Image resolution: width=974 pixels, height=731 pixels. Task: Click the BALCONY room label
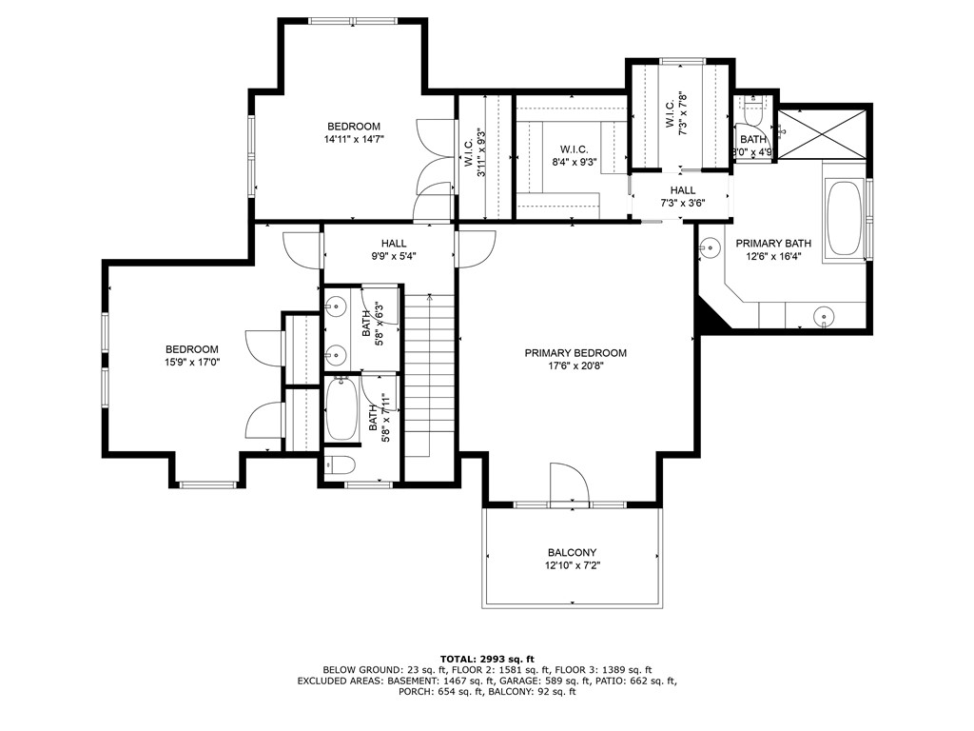pyautogui.click(x=572, y=553)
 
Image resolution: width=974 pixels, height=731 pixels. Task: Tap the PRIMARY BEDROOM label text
pyautogui.click(x=575, y=353)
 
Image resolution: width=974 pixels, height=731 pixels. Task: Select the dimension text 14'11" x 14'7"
pyautogui.click(x=354, y=139)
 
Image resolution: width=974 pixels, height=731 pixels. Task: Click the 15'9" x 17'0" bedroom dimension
pyautogui.click(x=192, y=362)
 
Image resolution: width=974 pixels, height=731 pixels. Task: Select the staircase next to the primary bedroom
pyautogui.click(x=431, y=371)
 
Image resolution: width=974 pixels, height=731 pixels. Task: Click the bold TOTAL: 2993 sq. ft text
pyautogui.click(x=487, y=659)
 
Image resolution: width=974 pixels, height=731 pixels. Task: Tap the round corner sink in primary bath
pyautogui.click(x=708, y=249)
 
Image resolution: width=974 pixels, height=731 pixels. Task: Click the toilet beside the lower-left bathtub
pyautogui.click(x=340, y=465)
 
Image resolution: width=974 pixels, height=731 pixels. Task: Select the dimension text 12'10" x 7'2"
pyautogui.click(x=572, y=566)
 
